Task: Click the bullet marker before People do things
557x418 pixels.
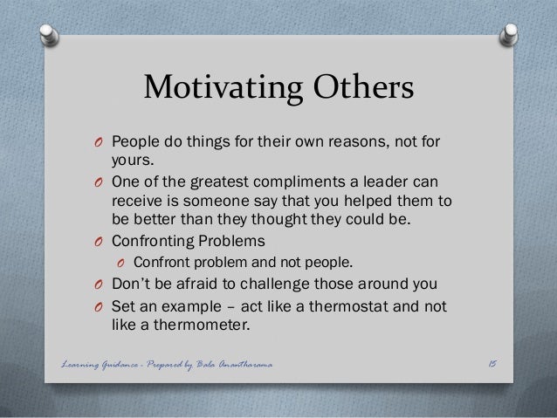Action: (100, 143)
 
